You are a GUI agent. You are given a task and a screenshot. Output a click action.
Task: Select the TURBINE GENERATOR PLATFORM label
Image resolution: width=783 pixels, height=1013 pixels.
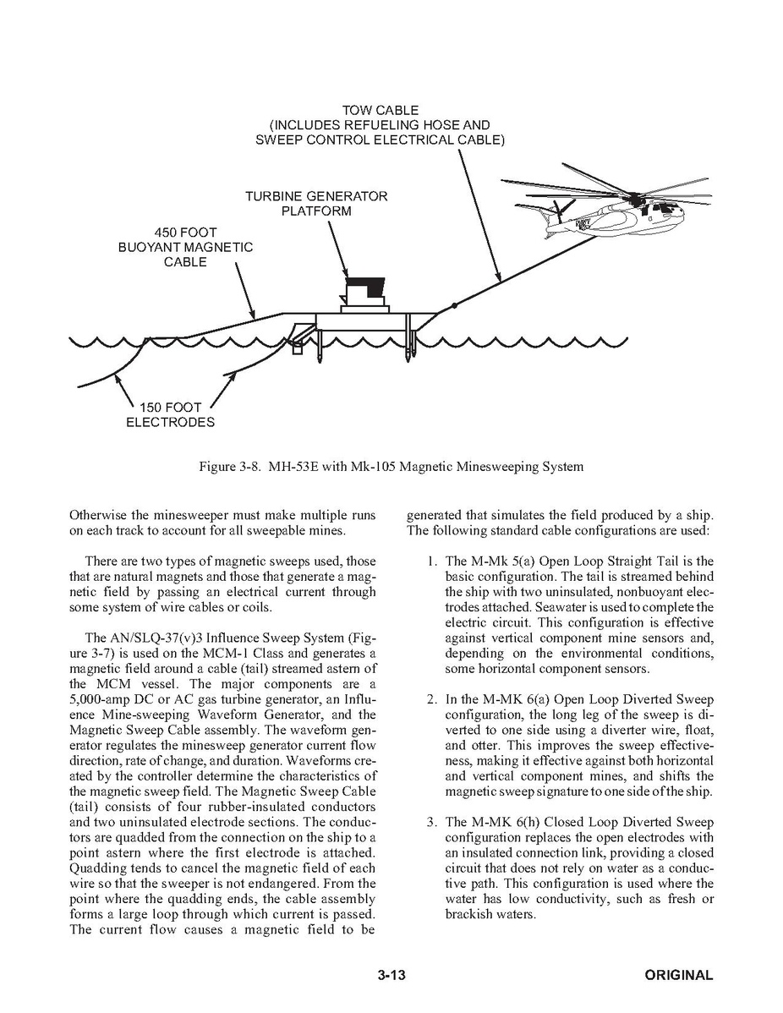[x=316, y=204]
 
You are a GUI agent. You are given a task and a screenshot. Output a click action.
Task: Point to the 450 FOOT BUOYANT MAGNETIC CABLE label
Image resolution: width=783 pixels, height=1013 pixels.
[x=185, y=247]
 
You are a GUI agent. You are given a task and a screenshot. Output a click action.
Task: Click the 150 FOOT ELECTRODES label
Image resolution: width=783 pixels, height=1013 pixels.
[x=170, y=414]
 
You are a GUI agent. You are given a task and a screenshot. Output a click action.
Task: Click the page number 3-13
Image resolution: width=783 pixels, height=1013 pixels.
[x=392, y=975]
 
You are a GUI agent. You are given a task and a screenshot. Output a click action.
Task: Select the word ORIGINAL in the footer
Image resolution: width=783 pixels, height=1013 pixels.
[x=678, y=975]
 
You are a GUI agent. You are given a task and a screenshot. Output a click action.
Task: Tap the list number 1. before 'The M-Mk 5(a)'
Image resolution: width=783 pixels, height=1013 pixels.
[x=431, y=561]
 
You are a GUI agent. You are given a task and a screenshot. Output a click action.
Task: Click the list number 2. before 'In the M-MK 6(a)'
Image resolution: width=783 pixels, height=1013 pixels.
[x=431, y=699]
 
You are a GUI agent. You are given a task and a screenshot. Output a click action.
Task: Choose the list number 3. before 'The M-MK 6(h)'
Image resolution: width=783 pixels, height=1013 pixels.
[x=431, y=822]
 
